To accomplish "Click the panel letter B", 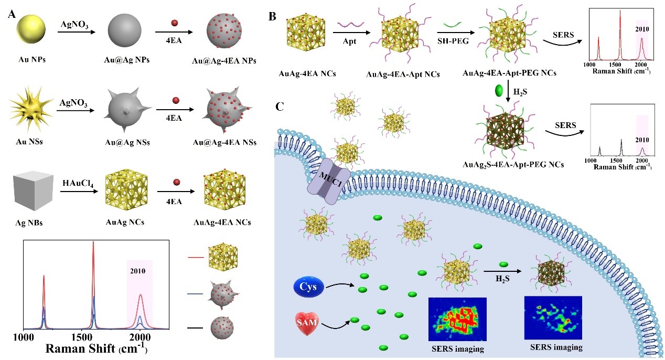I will click(x=272, y=16).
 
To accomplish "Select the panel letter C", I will click(x=280, y=107).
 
